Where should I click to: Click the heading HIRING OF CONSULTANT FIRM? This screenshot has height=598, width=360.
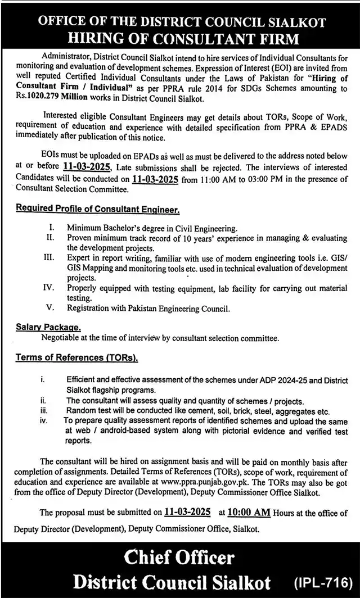(x=180, y=38)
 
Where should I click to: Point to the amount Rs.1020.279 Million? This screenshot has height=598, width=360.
(x=51, y=98)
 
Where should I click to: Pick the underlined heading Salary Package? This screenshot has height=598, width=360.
(x=48, y=327)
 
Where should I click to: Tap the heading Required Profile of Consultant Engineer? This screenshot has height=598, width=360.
(x=97, y=209)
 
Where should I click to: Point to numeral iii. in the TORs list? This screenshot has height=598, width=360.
(x=42, y=411)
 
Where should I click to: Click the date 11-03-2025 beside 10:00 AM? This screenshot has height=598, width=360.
(x=187, y=512)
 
